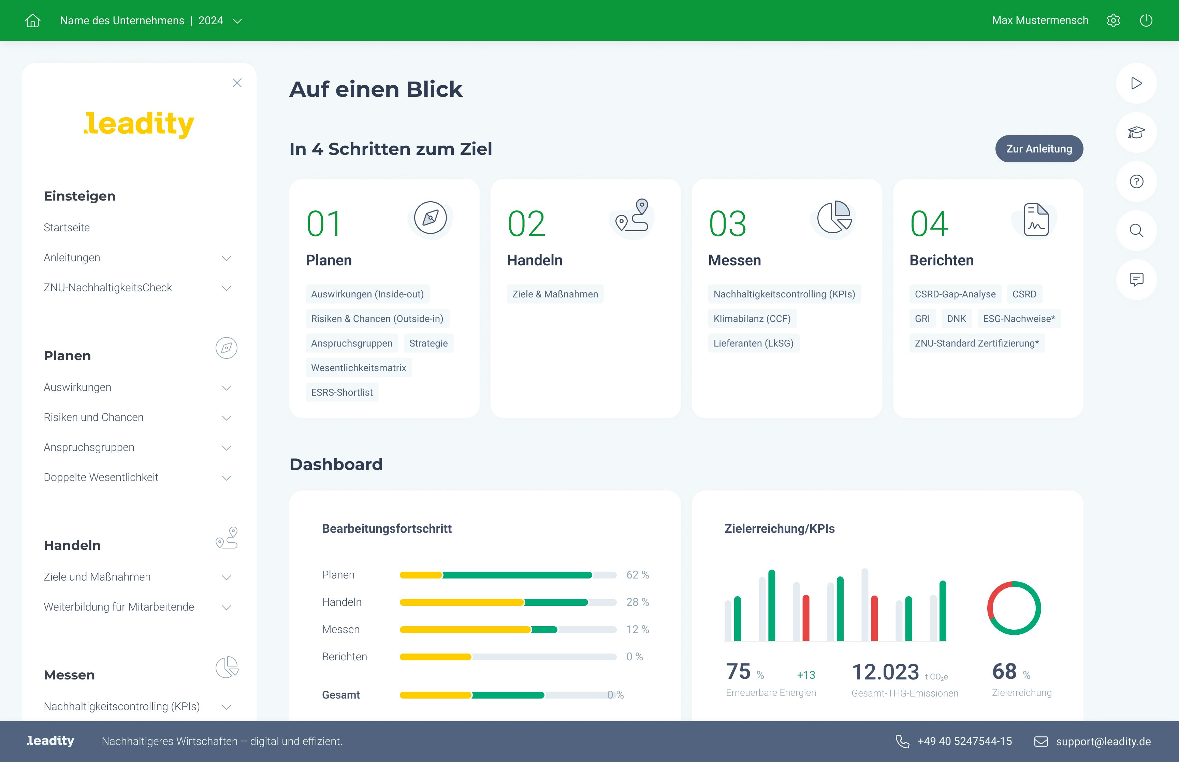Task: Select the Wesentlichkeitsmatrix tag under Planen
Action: point(358,368)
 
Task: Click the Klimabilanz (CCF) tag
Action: point(752,319)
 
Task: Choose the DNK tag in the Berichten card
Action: point(956,319)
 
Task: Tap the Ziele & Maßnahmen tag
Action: point(555,294)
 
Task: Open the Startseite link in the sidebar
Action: point(67,228)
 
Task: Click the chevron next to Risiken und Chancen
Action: point(227,418)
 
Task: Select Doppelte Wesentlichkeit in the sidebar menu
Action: point(101,478)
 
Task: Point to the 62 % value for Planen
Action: point(637,575)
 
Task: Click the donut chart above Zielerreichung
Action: point(1014,608)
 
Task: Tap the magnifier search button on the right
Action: point(1136,231)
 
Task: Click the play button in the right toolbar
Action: point(1136,83)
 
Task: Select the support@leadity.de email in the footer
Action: point(1103,741)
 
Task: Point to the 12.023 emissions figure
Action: point(885,672)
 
